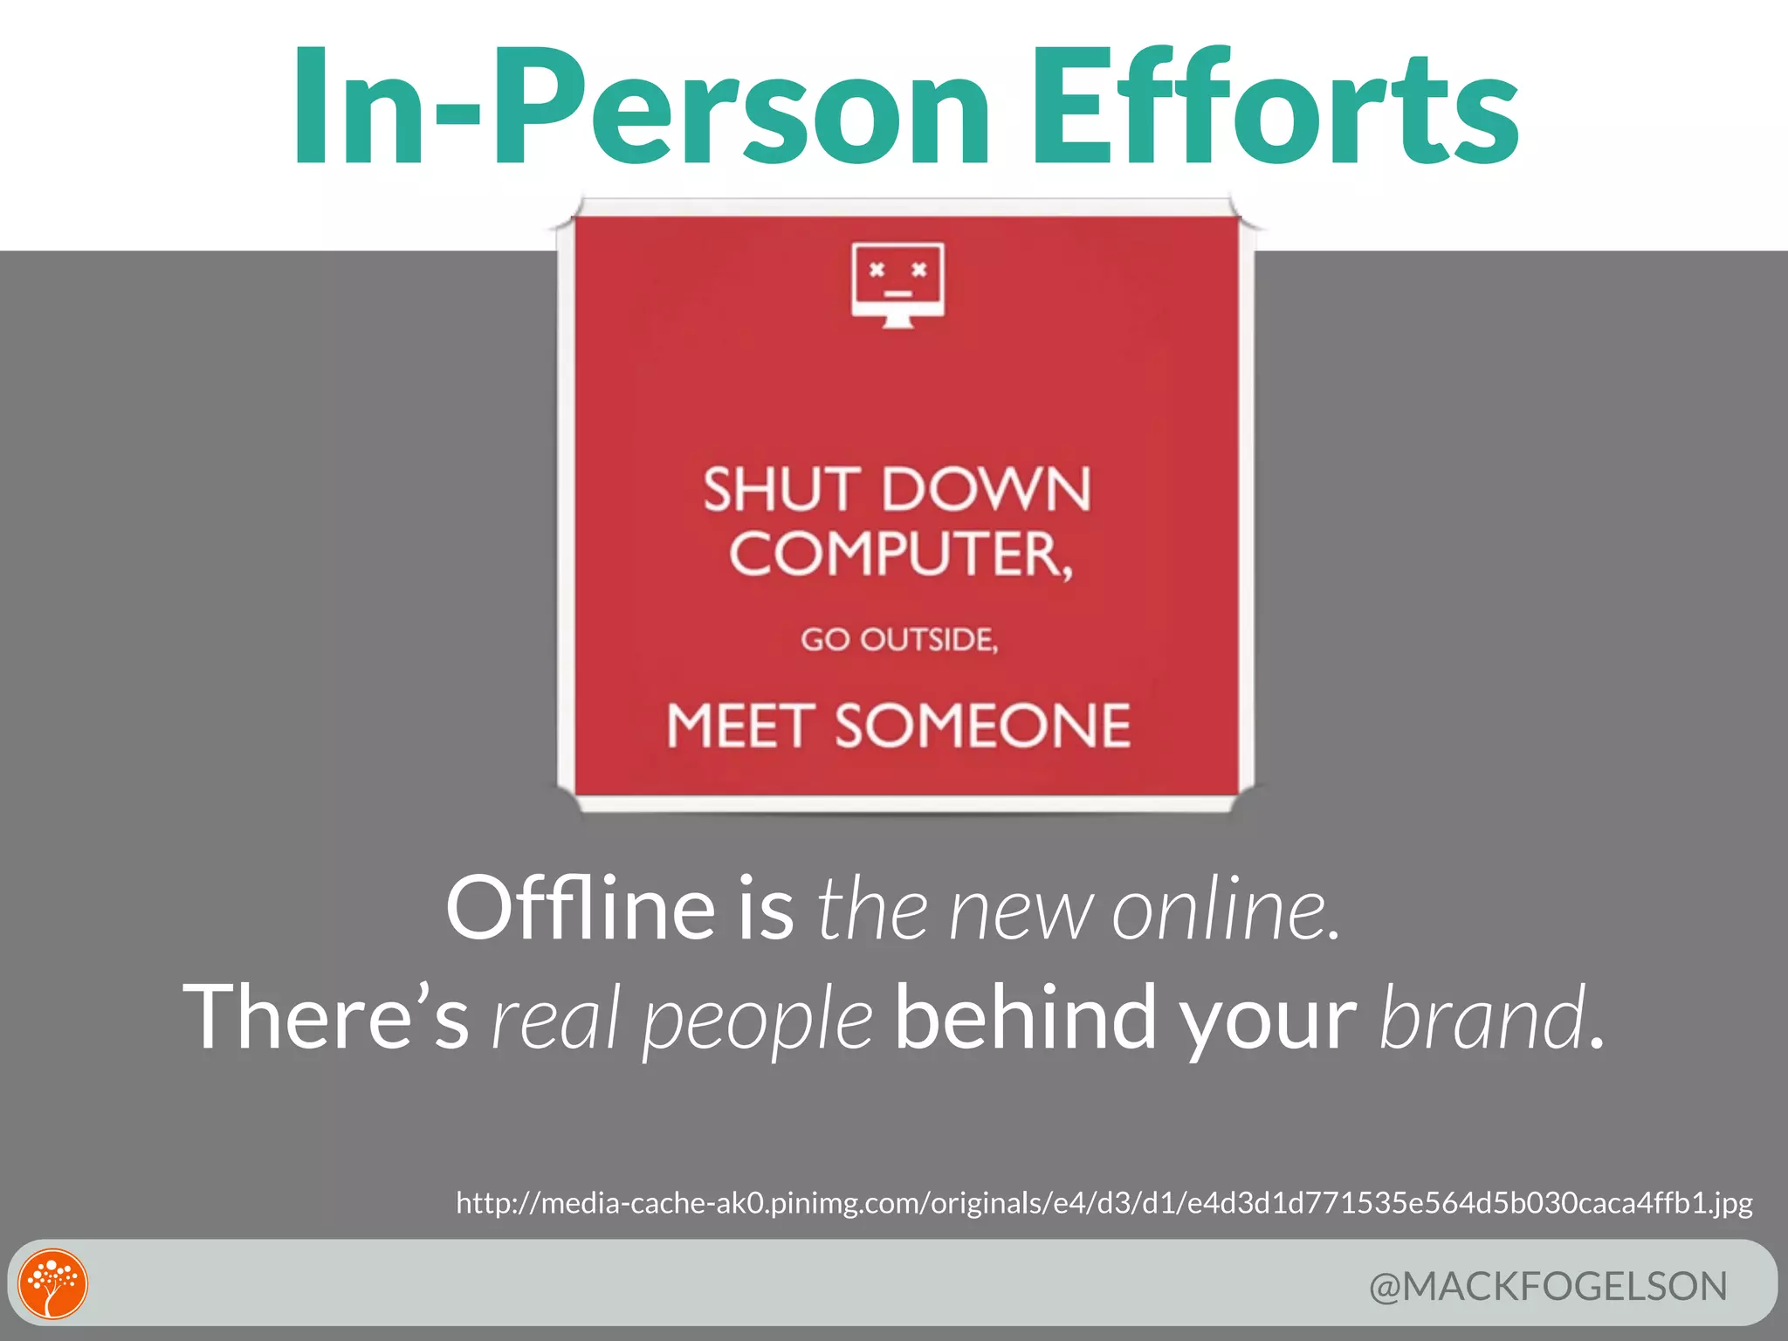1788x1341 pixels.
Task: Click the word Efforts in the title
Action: (x=1276, y=107)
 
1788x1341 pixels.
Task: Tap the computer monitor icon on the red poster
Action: (x=897, y=285)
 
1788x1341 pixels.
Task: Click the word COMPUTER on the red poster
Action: (x=897, y=554)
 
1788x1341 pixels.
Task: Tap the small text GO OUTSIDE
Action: (x=899, y=640)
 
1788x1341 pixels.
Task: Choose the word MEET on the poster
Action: (x=740, y=726)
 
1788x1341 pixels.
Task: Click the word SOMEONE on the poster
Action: (x=983, y=726)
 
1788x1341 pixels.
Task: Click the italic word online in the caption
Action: (x=1224, y=910)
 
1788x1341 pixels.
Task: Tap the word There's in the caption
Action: (x=326, y=1017)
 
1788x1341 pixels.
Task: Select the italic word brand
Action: (x=1482, y=1017)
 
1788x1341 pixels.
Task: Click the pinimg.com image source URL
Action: (x=1104, y=1203)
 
